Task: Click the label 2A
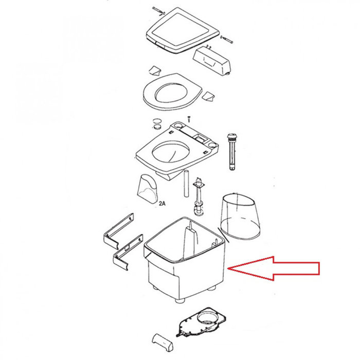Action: point(163,204)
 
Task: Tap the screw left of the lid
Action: point(158,11)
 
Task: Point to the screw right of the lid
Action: point(226,39)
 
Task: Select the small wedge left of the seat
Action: point(154,70)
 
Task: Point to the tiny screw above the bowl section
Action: point(189,118)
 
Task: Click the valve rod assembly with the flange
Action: point(197,198)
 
